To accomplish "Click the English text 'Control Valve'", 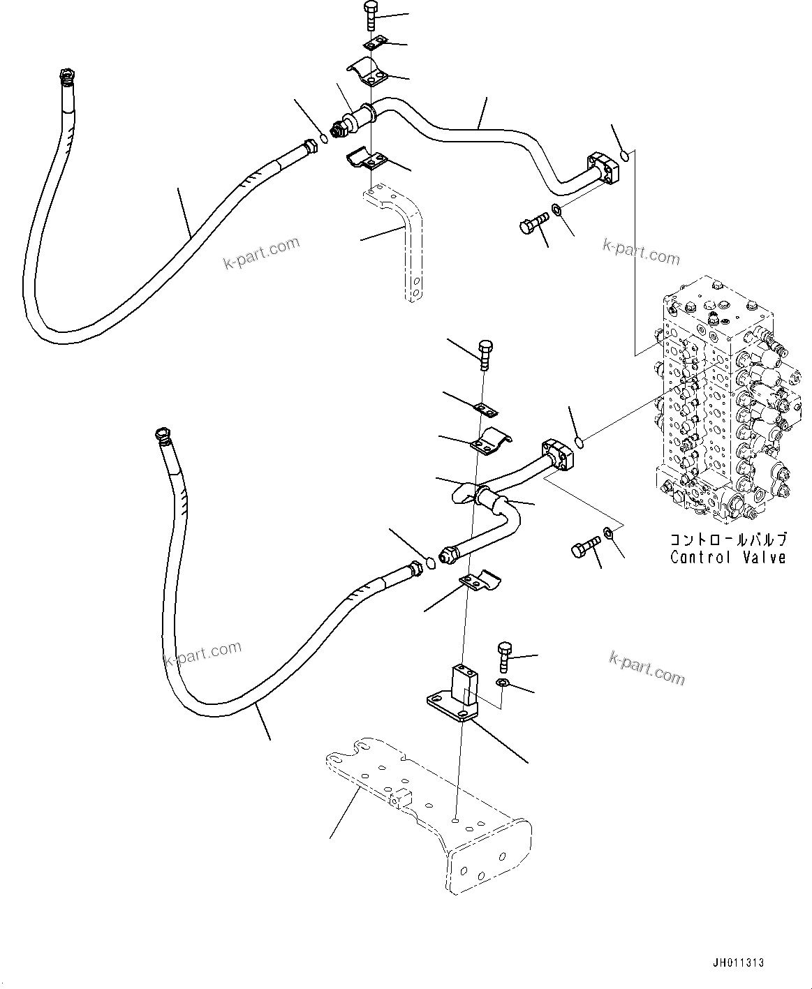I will click(x=728, y=557).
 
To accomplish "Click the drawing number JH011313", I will click(x=739, y=962).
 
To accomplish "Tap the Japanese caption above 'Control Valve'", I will click(x=728, y=540).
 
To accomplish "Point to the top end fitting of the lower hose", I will click(x=163, y=436).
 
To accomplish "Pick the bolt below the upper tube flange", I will click(x=532, y=225).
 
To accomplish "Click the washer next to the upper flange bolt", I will click(x=555, y=209).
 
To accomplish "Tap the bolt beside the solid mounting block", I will click(x=505, y=653).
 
